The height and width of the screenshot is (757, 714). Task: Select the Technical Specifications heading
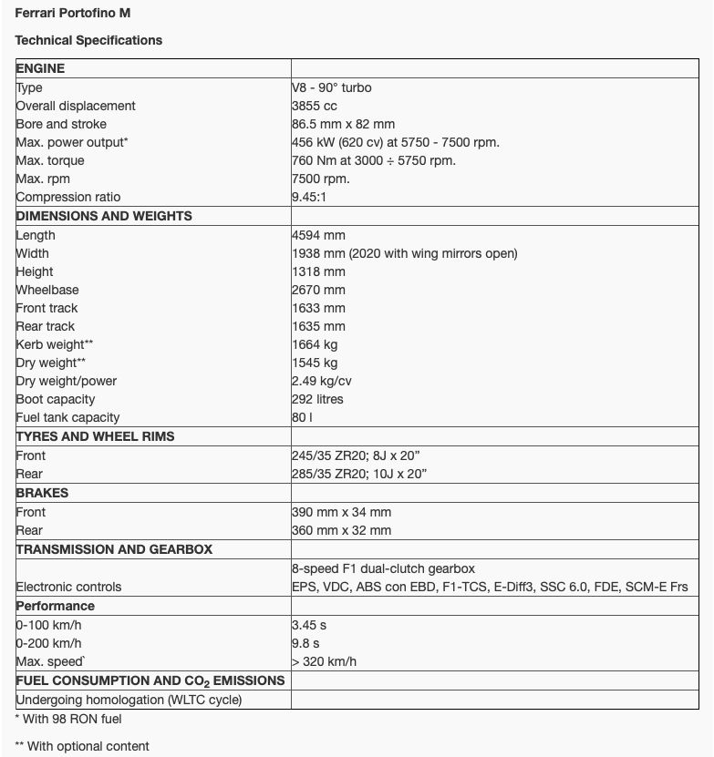tap(88, 40)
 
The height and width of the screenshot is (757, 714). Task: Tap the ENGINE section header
tap(41, 68)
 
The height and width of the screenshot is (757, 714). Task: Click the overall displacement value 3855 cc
tap(315, 106)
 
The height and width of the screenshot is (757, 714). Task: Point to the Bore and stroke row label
tap(61, 124)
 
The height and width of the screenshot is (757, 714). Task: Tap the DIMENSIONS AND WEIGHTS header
tap(104, 216)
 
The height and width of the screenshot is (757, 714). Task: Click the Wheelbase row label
tap(47, 290)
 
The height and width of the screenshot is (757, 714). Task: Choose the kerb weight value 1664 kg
tap(315, 344)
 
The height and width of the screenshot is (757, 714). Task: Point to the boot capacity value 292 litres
tap(317, 399)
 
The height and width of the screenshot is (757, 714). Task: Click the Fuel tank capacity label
tap(68, 417)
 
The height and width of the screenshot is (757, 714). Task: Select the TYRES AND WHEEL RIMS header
tap(96, 436)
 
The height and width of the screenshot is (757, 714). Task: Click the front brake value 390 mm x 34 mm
tap(341, 512)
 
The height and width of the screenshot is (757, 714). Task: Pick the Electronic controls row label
tap(68, 587)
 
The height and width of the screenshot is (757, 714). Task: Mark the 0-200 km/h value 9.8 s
tap(305, 643)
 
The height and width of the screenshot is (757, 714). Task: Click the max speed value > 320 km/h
tap(325, 661)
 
